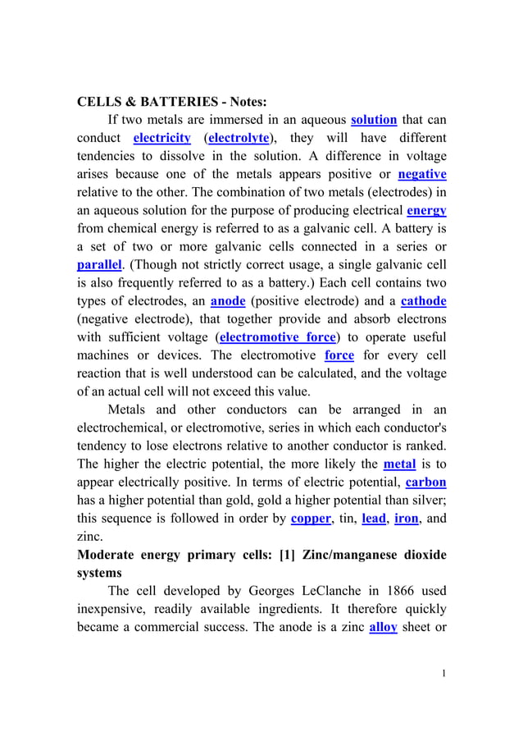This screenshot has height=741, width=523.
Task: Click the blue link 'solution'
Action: pyautogui.click(x=374, y=120)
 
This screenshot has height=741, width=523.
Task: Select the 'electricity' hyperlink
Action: pyautogui.click(x=161, y=138)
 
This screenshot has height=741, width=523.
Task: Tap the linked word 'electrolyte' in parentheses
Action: pyautogui.click(x=239, y=138)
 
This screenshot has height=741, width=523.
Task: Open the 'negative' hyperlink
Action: pyautogui.click(x=421, y=174)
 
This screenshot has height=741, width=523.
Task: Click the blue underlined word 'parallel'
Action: pyautogui.click(x=99, y=264)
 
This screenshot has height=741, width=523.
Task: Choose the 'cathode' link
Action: pyautogui.click(x=423, y=301)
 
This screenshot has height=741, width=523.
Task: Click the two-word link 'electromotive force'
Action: pyautogui.click(x=279, y=337)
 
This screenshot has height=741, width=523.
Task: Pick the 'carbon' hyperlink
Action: pyautogui.click(x=425, y=482)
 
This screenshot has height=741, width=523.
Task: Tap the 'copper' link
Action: pyautogui.click(x=311, y=518)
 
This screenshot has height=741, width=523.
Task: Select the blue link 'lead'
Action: pyautogui.click(x=373, y=518)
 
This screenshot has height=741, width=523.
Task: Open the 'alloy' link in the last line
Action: pyautogui.click(x=384, y=626)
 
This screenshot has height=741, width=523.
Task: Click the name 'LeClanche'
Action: pyautogui.click(x=327, y=590)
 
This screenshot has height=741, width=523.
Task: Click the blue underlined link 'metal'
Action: pyautogui.click(x=399, y=464)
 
